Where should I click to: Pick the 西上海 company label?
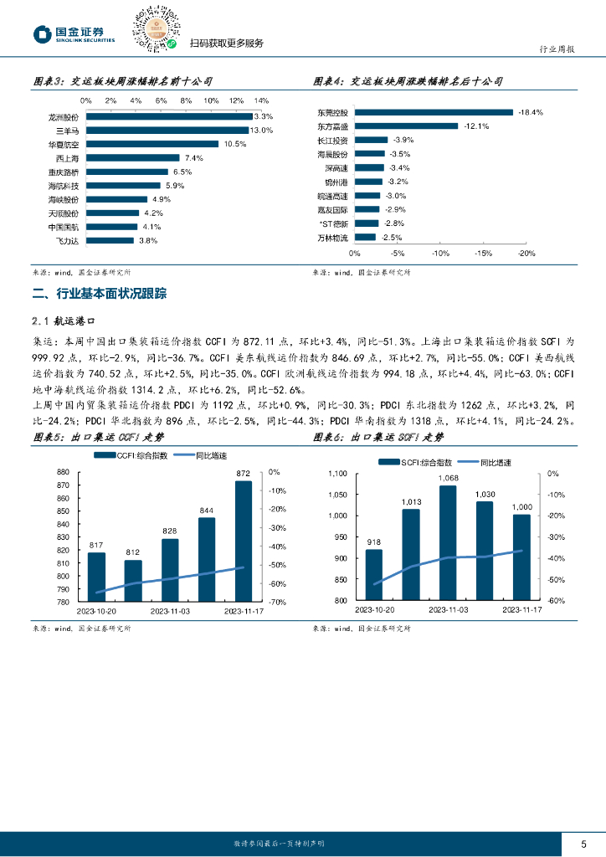point(66,158)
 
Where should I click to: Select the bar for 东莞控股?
point(434,112)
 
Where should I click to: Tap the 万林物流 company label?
point(334,238)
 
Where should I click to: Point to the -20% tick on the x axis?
point(526,253)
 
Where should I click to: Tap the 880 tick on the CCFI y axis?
point(63,473)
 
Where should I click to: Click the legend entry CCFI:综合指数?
point(131,455)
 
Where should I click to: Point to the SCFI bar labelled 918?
point(373,575)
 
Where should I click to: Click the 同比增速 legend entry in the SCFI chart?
point(496,461)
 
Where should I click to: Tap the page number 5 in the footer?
point(584,843)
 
